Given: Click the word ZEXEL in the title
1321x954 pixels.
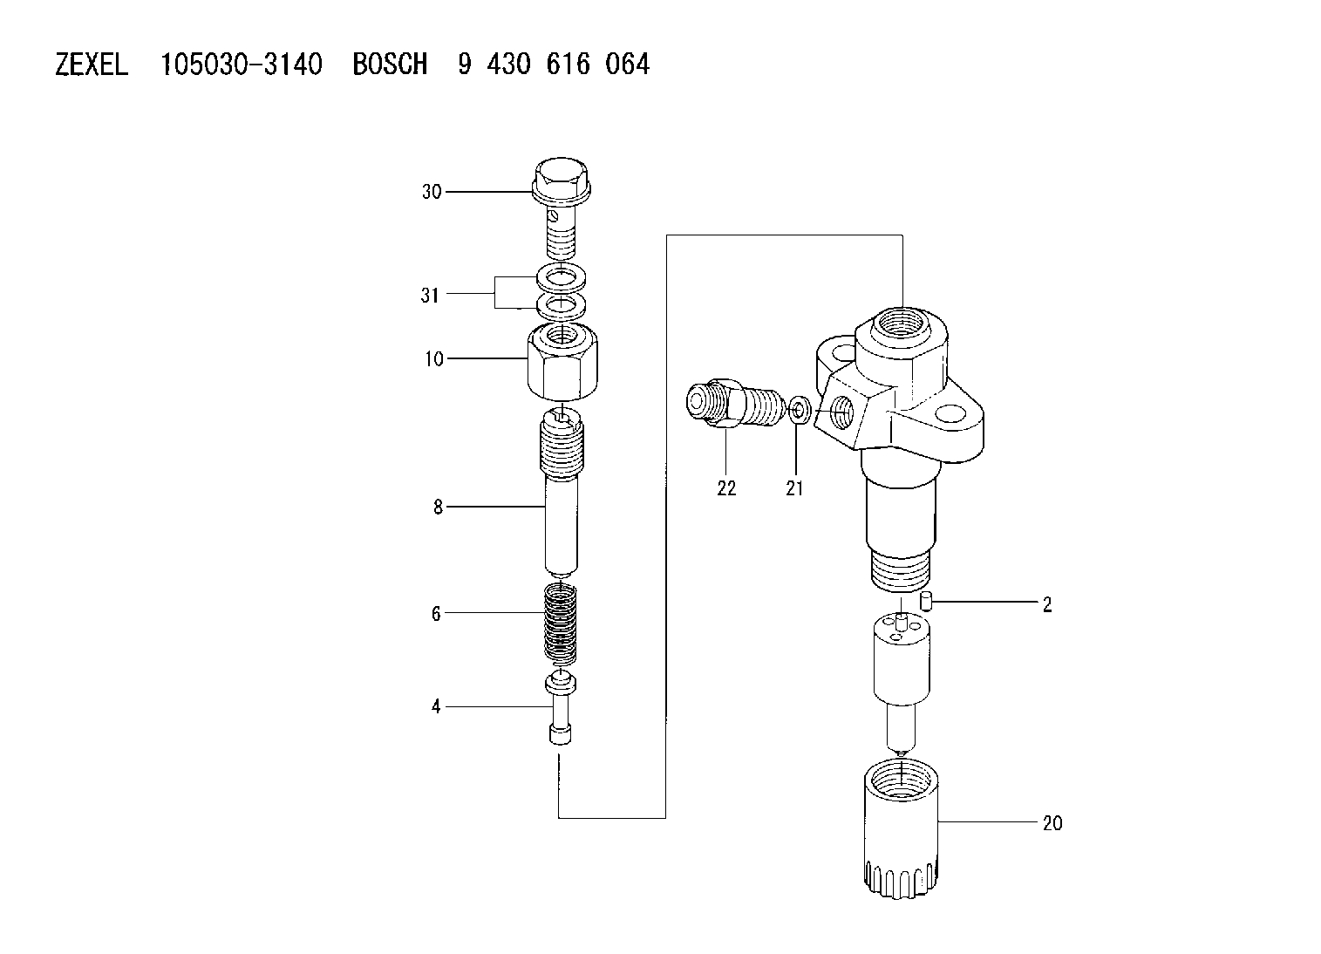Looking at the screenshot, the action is [92, 65].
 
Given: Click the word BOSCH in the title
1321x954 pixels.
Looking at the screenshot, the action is [390, 65].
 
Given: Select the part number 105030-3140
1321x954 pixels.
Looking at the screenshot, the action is [242, 65].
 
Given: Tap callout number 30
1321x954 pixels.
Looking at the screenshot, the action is [432, 192].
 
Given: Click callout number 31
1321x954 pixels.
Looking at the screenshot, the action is [430, 295].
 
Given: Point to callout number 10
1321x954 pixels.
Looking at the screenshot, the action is [434, 358].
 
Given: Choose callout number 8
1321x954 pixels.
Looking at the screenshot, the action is [438, 507].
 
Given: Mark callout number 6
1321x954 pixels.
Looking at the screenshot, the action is [436, 614].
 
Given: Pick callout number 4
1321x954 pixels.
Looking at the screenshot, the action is [436, 706].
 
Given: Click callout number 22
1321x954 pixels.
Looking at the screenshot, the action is [726, 488].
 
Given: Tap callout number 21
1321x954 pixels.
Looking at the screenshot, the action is [794, 488].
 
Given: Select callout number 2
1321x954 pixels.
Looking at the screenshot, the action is [1047, 604].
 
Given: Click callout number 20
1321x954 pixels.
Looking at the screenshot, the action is [1052, 823].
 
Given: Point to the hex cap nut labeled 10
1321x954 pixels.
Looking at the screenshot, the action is [562, 362].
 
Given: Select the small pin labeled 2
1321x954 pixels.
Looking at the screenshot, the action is [925, 602].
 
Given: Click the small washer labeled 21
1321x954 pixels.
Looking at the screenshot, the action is [800, 409].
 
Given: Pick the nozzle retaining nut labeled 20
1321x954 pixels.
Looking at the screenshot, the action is [901, 828].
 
